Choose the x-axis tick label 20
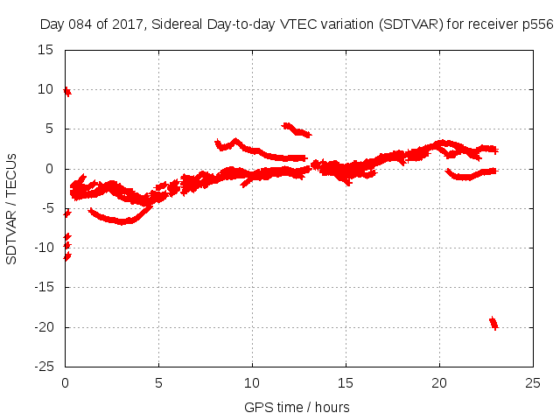[x=439, y=383]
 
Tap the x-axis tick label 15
[x=346, y=383]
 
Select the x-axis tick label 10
[x=252, y=383]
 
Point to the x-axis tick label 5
[x=158, y=383]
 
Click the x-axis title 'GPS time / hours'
[x=297, y=407]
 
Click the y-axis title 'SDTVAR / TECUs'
[x=11, y=208]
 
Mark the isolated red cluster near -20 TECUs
[x=493, y=323]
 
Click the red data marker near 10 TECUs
[x=66, y=91]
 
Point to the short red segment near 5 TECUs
[x=297, y=130]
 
